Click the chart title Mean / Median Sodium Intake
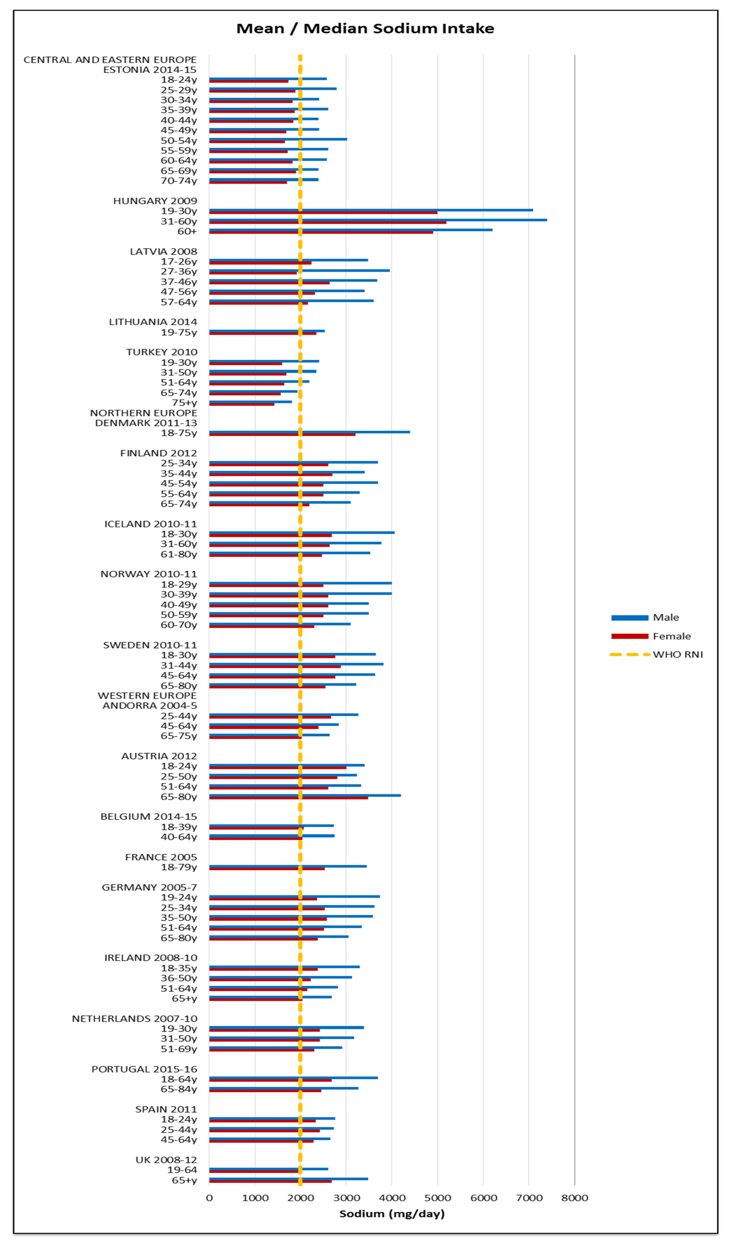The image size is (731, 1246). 365,29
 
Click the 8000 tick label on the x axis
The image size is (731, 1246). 575,1198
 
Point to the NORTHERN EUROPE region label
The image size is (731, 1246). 143,413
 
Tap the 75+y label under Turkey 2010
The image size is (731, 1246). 184,403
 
